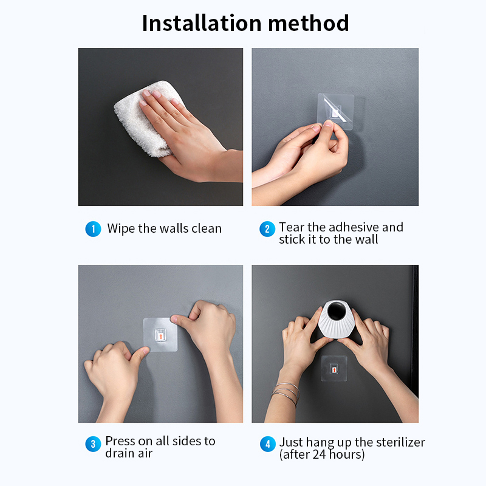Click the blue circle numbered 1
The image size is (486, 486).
[94, 229]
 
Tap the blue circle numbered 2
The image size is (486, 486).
[267, 229]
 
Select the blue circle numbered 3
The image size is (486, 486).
[94, 444]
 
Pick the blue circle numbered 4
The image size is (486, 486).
[268, 444]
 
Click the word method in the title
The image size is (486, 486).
[309, 23]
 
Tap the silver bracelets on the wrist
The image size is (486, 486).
[286, 393]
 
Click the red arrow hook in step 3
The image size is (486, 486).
[160, 336]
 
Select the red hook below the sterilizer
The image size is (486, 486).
[334, 370]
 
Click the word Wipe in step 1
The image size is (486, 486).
[121, 228]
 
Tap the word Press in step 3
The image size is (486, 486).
[120, 441]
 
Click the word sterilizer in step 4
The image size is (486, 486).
[400, 442]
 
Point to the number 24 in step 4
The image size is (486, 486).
[319, 454]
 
